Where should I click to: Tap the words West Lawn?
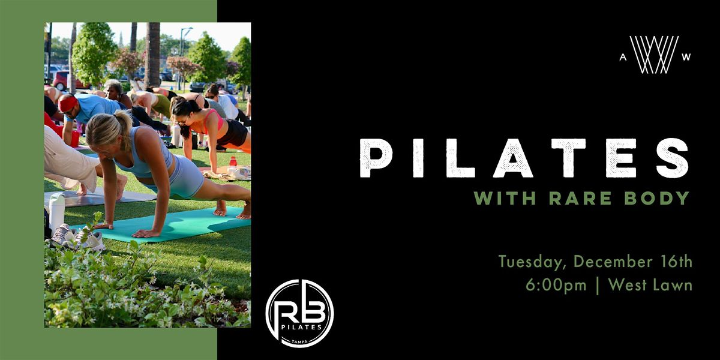[650, 285]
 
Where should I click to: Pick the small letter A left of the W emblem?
[623, 57]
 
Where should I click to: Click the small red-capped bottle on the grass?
[232, 162]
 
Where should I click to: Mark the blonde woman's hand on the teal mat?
[144, 233]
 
